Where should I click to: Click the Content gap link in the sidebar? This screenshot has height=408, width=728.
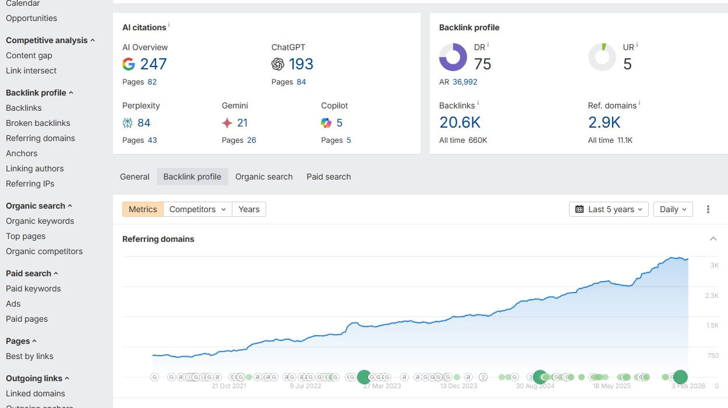tap(29, 55)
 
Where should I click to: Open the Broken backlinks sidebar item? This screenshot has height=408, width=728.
tap(38, 123)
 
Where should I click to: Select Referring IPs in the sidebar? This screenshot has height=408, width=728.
tap(30, 184)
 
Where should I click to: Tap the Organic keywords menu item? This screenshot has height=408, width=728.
tap(40, 221)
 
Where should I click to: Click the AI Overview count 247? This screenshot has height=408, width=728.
tap(153, 64)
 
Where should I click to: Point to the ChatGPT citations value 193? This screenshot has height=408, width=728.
tap(301, 64)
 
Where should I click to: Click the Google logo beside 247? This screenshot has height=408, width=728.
tap(129, 64)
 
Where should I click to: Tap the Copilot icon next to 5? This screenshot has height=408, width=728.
tap(326, 123)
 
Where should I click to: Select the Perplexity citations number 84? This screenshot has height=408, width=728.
tap(144, 123)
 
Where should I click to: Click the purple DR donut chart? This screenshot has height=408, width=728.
tap(453, 57)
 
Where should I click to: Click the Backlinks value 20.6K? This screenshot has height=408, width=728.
tap(460, 122)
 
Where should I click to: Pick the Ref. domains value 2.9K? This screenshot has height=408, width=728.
tap(604, 122)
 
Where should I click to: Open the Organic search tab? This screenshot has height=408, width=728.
tap(264, 177)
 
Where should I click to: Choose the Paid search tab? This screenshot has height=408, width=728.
tap(328, 177)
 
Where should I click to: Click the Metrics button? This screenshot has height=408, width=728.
tap(143, 209)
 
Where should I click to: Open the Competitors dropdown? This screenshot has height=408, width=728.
tap(197, 209)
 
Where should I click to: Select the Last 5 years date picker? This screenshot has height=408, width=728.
tap(609, 209)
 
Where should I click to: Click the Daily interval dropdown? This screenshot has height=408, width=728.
tap(673, 209)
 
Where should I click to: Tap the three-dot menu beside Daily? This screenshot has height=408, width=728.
tap(708, 209)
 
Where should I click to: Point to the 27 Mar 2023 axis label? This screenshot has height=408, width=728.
tap(382, 386)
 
